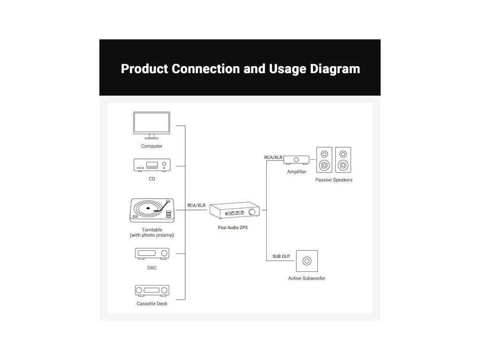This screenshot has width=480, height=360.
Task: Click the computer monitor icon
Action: (151, 125)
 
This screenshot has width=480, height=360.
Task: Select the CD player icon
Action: (152, 165)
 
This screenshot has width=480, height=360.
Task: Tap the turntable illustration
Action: (151, 210)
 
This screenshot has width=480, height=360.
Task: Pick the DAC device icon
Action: (152, 254)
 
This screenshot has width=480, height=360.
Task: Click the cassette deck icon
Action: (152, 291)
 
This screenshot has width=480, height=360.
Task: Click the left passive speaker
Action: (324, 159)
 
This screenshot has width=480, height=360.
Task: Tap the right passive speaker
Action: (343, 159)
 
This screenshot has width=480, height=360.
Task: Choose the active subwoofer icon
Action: (307, 261)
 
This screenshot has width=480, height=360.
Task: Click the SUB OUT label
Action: (281, 256)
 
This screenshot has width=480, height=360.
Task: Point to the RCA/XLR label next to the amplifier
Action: (274, 157)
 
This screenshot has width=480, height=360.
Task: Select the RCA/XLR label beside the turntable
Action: (196, 205)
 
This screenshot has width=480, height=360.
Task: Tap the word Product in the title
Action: (144, 69)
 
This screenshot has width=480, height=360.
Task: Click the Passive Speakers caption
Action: (334, 180)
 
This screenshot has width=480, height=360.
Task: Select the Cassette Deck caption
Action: (152, 304)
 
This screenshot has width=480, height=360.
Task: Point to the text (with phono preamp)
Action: (152, 235)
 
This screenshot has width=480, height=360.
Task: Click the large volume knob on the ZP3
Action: (253, 213)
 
